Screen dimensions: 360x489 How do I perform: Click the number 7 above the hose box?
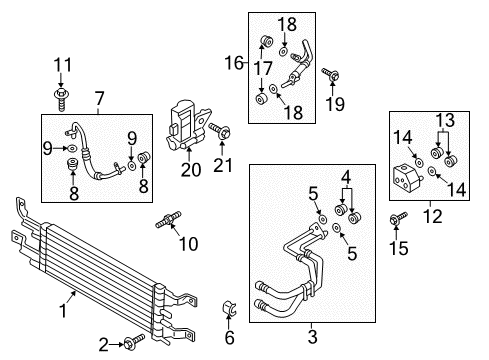point(98,99)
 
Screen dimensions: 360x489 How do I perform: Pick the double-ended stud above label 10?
point(165,222)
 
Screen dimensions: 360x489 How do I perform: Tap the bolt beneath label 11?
point(63,97)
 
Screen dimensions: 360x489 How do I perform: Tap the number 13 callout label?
point(447,121)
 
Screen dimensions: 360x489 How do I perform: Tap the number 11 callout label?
point(63,66)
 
